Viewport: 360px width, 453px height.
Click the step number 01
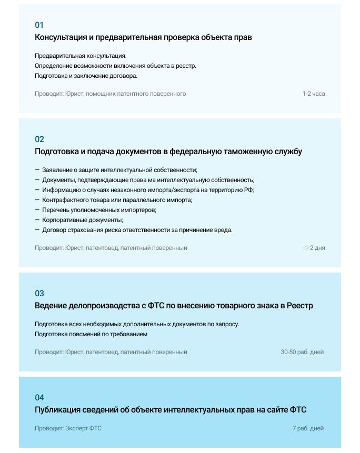coord(39,25)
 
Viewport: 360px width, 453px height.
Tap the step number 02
coord(39,139)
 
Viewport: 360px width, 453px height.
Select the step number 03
coord(39,294)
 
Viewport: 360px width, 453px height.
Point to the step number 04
coord(39,398)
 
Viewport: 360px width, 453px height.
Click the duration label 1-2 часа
coord(314,94)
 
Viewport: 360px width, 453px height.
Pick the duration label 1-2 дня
coord(315,248)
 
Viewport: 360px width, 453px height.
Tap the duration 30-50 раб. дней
coord(302,352)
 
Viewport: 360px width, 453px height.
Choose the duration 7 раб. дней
coord(308,428)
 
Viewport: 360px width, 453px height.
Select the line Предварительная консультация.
coord(81,56)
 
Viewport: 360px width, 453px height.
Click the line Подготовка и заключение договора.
coord(86,76)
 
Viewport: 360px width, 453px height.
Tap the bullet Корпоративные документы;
coord(82,220)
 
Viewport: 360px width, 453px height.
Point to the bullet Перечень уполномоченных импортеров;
coord(99,210)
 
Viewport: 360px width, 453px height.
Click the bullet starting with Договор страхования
coord(137,230)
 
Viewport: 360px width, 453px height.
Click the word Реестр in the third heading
coord(300,306)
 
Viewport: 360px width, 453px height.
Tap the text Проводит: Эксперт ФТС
coord(68,428)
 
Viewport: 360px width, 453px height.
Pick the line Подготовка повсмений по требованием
coord(91,334)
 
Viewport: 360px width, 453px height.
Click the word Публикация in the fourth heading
coord(57,410)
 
